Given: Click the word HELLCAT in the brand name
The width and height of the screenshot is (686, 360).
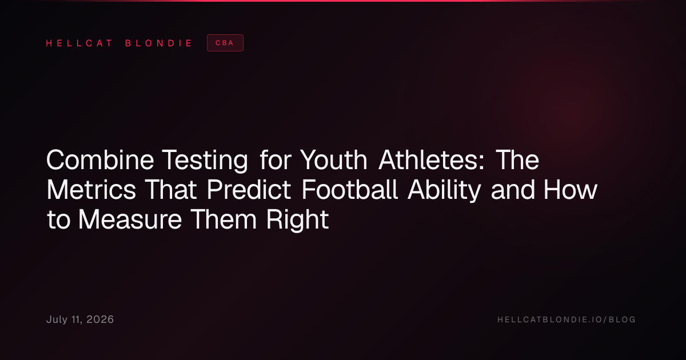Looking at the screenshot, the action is coord(79,43).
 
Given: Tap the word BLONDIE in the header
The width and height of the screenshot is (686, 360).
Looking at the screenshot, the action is coord(158,43).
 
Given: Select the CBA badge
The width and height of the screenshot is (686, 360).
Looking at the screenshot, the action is coord(225,43).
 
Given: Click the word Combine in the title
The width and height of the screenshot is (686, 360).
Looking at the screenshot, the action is coord(100,160).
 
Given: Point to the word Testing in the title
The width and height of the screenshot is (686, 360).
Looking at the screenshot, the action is coord(205,161).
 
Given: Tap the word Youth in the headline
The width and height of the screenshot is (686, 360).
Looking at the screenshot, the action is coord(333,160).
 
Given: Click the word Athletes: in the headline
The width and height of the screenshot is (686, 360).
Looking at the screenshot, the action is coord(432,160).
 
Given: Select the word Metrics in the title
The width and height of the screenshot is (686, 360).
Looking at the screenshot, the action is coord(91,190).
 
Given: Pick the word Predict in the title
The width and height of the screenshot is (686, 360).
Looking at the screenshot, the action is coord(249,190).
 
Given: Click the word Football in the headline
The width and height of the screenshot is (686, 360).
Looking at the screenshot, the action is coord(350,190).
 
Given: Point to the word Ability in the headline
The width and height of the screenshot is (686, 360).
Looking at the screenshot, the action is coord(444,190).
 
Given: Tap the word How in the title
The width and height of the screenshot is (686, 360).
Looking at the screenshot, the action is coord(571,190).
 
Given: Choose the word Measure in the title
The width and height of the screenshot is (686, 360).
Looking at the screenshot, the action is coord(130,219).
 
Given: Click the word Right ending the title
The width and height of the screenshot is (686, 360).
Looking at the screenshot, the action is coord(297,220).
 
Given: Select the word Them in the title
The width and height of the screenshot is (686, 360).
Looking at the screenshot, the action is coord(224,219).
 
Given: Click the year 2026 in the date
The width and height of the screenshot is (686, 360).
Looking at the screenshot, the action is coord(100,319).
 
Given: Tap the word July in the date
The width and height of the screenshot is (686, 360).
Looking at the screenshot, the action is coord(57,320).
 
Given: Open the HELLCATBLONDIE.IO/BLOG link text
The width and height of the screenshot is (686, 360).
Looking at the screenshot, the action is coord(567,319).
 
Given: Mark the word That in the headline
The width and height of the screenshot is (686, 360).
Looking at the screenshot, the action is coord(170,190).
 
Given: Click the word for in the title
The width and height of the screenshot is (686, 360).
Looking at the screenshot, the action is coord(276,160).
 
